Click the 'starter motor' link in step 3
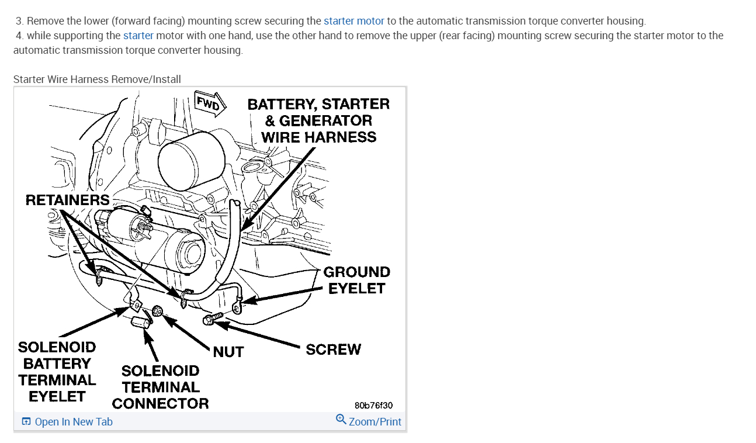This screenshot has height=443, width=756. click(x=354, y=21)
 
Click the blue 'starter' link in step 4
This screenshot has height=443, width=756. click(x=138, y=36)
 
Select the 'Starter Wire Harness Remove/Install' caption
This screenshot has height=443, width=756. click(x=97, y=79)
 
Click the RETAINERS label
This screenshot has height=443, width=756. click(x=67, y=200)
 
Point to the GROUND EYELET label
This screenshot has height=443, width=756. click(x=356, y=280)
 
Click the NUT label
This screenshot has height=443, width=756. click(x=228, y=352)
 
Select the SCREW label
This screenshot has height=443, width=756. click(x=334, y=349)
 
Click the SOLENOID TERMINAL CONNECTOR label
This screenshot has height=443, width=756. click(x=160, y=387)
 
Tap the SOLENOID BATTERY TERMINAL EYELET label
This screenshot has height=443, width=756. click(x=57, y=371)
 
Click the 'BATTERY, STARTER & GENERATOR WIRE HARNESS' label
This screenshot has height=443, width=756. click(x=318, y=120)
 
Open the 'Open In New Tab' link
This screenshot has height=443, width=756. click(x=74, y=422)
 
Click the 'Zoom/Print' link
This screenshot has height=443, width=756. click(x=375, y=422)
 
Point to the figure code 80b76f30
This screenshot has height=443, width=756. click(x=373, y=405)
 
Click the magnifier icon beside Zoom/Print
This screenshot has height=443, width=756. click(x=341, y=420)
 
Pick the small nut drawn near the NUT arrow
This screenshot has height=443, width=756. click(x=157, y=311)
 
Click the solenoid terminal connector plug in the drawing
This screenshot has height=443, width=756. click(x=140, y=323)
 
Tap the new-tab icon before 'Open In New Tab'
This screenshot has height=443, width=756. click(x=26, y=422)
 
